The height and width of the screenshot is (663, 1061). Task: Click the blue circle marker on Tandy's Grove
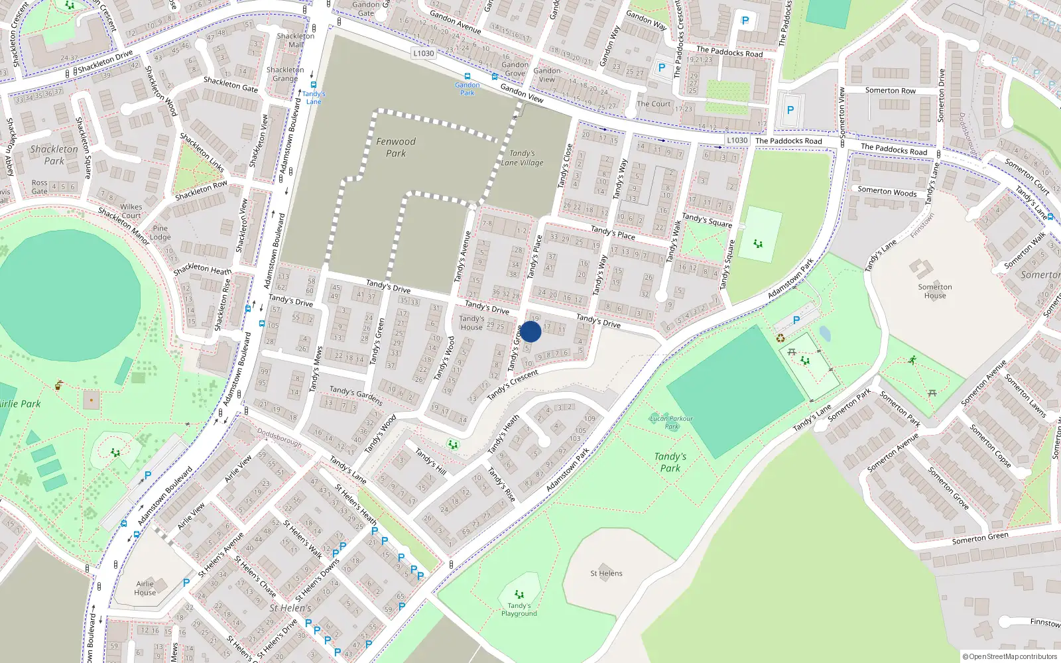(x=530, y=331)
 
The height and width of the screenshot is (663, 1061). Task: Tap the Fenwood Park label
(x=396, y=147)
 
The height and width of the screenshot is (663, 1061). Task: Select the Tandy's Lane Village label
(x=522, y=158)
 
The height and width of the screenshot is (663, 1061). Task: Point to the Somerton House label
(x=935, y=291)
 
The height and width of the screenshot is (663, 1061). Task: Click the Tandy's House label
(x=471, y=322)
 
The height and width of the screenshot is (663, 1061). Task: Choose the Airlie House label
(x=145, y=588)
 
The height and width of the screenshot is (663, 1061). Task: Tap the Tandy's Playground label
(x=519, y=609)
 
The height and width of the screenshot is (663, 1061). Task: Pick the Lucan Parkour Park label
(x=672, y=422)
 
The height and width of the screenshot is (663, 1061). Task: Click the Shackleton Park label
(x=54, y=155)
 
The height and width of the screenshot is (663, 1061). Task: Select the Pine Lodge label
(x=160, y=232)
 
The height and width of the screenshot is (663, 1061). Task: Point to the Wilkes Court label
(x=131, y=211)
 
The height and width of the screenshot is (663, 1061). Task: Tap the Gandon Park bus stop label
(x=468, y=88)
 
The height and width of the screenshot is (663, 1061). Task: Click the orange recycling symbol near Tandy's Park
(x=780, y=338)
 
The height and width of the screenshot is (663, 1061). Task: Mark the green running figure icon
(x=912, y=360)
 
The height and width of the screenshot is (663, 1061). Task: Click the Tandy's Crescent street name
(x=513, y=385)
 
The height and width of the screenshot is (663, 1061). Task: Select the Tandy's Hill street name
(x=430, y=461)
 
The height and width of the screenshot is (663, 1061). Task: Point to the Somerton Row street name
(x=890, y=90)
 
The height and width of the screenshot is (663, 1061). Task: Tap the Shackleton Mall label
(x=296, y=40)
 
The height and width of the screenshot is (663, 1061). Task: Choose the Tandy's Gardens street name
(x=356, y=396)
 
